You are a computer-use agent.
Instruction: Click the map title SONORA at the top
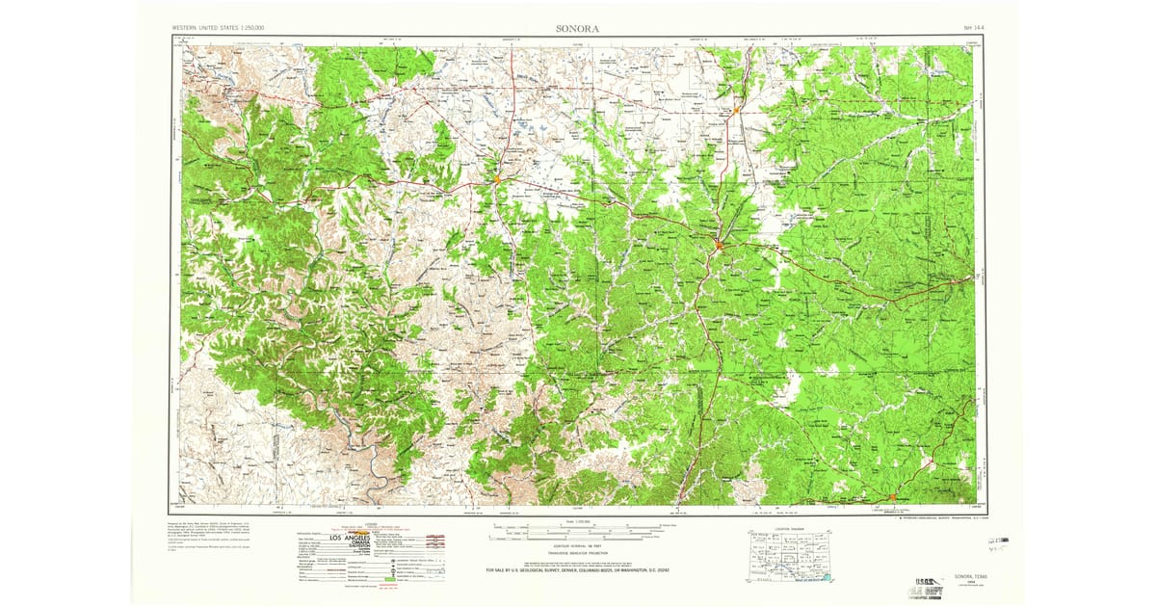pyautogui.click(x=577, y=29)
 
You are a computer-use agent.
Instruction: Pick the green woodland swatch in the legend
pyautogui.click(x=390, y=579)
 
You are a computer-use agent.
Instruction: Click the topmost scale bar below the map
pyautogui.click(x=575, y=525)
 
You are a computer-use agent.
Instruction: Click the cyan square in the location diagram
pyautogui.click(x=827, y=578)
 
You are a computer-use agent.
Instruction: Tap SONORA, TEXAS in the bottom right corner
pyautogui.click(x=963, y=575)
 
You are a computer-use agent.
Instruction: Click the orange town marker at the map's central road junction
pyautogui.click(x=719, y=247)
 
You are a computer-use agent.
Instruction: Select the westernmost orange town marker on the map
pyautogui.click(x=497, y=178)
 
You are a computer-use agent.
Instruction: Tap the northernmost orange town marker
pyautogui.click(x=735, y=111)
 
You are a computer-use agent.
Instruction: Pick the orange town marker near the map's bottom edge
pyautogui.click(x=892, y=496)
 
